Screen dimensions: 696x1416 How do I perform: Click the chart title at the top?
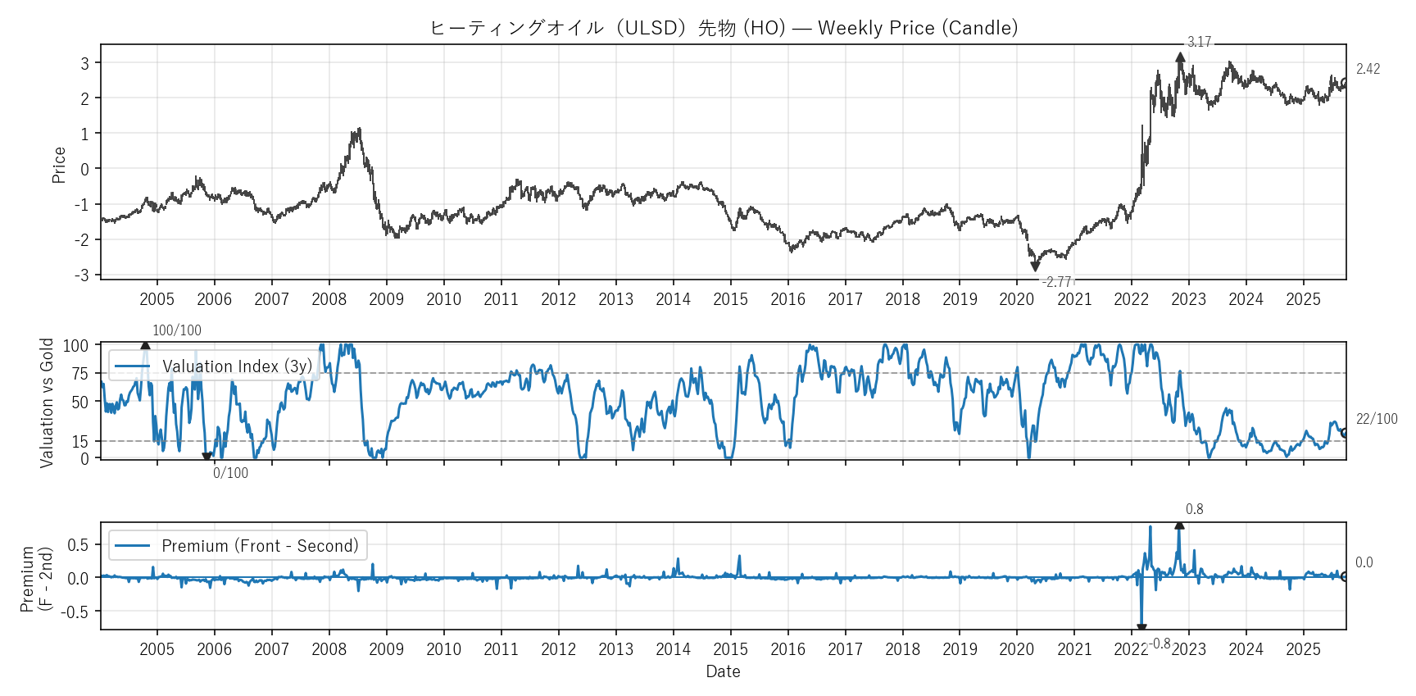[x=724, y=28]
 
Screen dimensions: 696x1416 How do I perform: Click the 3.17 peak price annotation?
[x=1199, y=42]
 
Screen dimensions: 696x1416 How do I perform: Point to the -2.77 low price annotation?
[x=1058, y=282]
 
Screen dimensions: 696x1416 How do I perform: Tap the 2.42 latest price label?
[x=1368, y=69]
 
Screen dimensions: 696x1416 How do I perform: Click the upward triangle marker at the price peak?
[x=1180, y=57]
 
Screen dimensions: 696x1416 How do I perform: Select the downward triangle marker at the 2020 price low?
[x=1035, y=266]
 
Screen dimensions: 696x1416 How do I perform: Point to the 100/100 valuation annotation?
[x=177, y=330]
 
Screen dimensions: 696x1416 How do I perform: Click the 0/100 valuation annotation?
[x=230, y=473]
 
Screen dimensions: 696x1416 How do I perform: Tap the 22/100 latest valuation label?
[x=1377, y=419]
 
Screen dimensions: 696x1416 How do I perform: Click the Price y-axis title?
[x=59, y=165]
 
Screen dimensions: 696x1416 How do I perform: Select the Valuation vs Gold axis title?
[x=47, y=403]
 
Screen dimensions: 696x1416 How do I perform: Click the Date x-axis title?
[x=723, y=671]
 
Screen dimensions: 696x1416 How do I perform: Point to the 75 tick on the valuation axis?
[x=79, y=374]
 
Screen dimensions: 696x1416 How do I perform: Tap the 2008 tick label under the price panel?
[x=329, y=299]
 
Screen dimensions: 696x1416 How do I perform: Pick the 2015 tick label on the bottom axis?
[x=730, y=649]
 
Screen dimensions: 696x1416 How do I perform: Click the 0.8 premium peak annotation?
[x=1194, y=509]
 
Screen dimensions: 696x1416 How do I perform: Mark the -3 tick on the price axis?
[x=82, y=275]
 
